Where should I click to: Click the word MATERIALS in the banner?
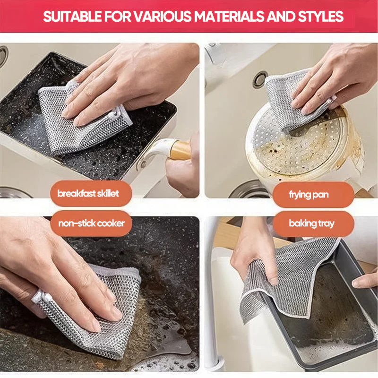click(x=230, y=17)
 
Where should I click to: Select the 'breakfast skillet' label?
click(x=88, y=193)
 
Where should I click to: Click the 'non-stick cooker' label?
click(x=92, y=223)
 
